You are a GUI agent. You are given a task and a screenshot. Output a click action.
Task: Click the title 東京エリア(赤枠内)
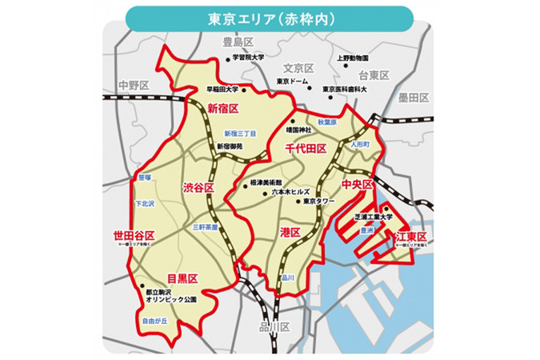pos(270,17)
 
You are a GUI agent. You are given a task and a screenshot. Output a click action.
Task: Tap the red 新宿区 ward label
pos(223,108)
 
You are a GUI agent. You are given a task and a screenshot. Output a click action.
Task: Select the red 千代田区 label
pos(306,149)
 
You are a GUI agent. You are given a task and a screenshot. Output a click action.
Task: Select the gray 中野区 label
pos(132,84)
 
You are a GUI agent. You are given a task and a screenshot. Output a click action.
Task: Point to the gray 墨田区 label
pos(414,98)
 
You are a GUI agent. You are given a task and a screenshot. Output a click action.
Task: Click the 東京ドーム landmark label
pos(294,81)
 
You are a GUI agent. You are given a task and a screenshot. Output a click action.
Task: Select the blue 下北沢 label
pos(146,204)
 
